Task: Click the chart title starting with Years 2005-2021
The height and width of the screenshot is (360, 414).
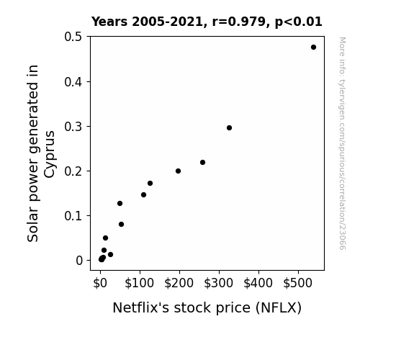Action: coord(207,22)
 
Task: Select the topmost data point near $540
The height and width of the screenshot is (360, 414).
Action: coord(313,48)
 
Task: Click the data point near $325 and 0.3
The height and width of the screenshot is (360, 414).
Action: coord(229,128)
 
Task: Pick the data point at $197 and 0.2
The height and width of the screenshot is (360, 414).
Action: coord(179,171)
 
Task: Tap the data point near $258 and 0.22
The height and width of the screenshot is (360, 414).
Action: coord(202,163)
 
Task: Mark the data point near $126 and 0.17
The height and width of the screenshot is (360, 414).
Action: coord(150,184)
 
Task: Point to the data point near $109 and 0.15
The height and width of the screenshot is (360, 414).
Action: coord(143,195)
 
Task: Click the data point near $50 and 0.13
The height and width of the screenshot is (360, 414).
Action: coord(120,203)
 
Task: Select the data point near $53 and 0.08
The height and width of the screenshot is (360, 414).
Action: coord(121,224)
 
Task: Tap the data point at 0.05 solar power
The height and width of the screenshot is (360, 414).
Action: coord(105,238)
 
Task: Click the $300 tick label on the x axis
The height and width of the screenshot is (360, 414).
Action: coord(219,284)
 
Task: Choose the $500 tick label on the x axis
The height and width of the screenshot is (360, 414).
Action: coord(298,284)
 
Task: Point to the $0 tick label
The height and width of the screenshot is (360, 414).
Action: coord(100,284)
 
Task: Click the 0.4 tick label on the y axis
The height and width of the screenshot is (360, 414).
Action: coord(73,82)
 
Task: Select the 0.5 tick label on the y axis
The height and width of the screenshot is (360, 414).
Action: coord(73,37)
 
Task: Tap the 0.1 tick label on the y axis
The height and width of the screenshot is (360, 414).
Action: coord(73,216)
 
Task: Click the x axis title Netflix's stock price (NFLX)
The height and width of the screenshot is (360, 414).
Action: coord(207,308)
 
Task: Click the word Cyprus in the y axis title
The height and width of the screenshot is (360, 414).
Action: coord(50,154)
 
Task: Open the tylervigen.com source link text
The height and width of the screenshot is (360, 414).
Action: coord(342,143)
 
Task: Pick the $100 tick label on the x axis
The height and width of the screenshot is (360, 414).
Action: coord(140,284)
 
